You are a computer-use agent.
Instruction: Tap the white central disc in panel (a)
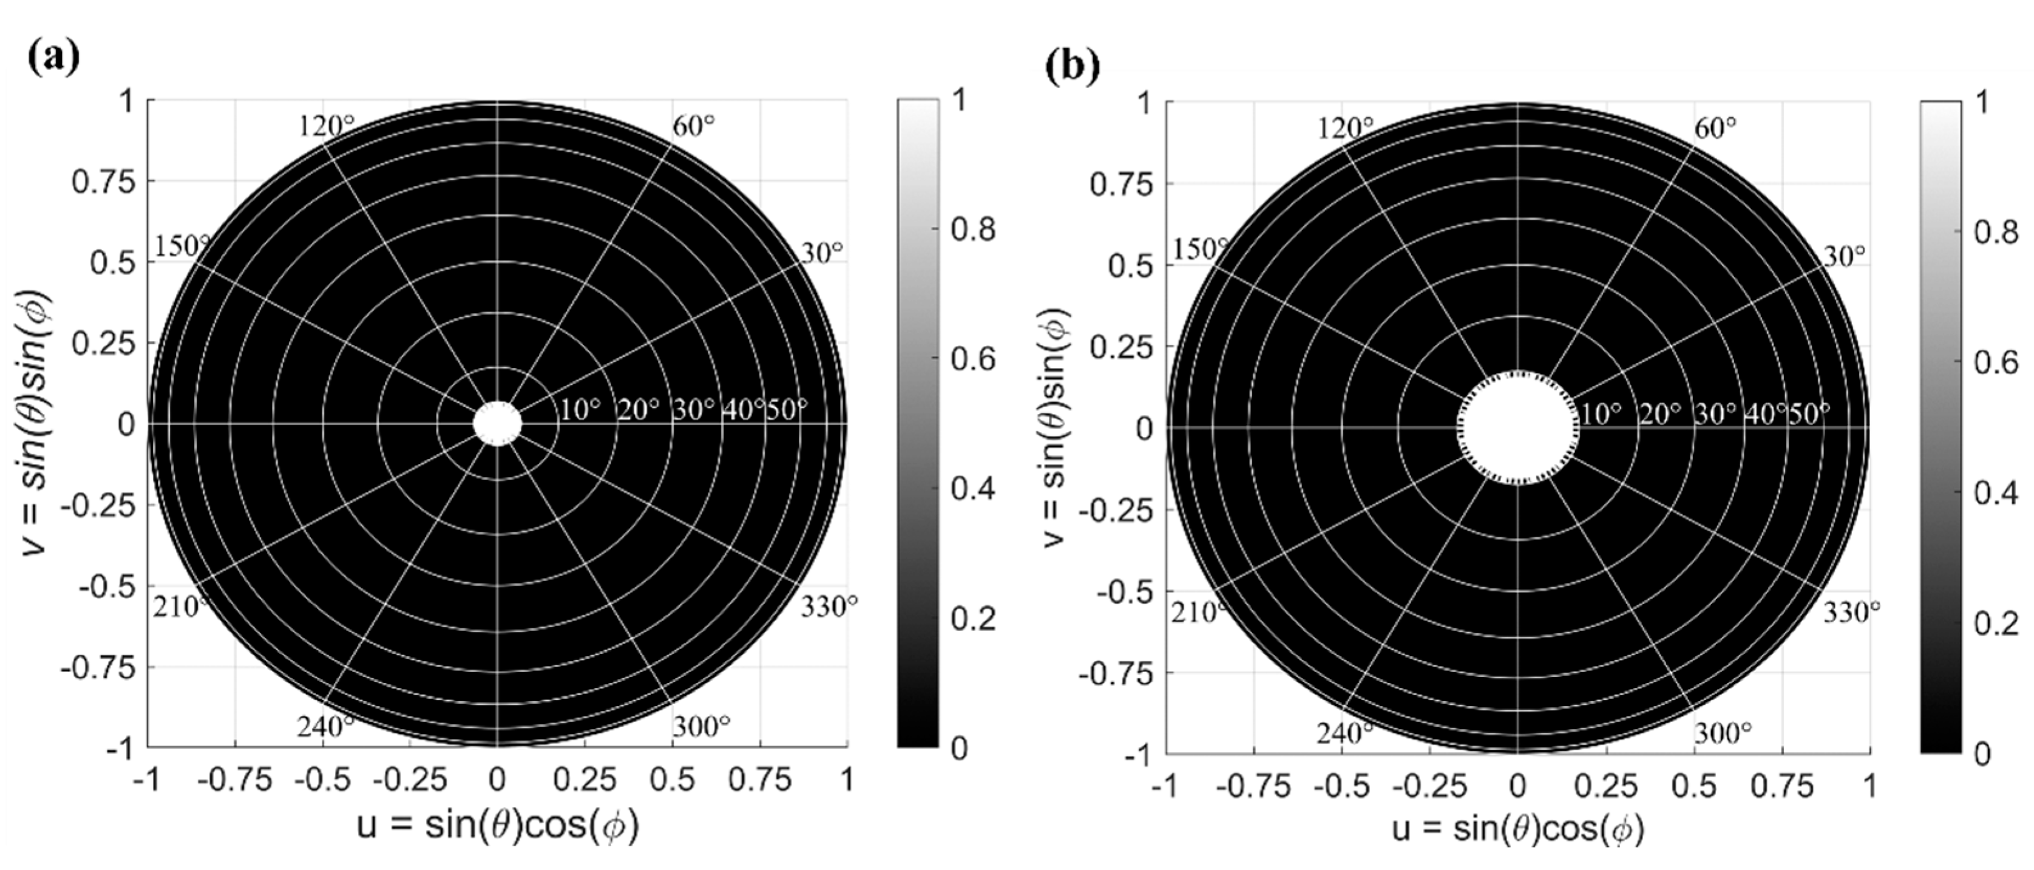[498, 424]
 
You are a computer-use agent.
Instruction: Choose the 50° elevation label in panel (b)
[1808, 413]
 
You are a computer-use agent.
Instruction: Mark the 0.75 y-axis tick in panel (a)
[103, 182]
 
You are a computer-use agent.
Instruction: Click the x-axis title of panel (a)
[498, 826]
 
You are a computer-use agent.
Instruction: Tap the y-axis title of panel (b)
[1055, 426]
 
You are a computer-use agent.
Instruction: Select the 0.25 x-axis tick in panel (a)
[585, 780]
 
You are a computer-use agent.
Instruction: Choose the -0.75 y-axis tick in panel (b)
[1116, 673]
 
